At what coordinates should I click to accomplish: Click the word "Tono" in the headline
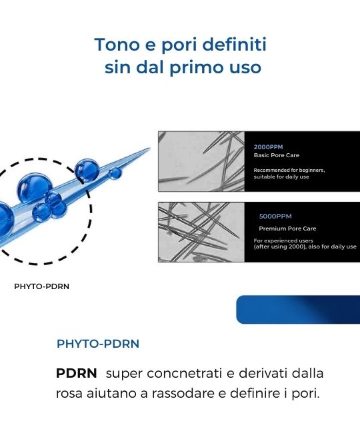click(118, 45)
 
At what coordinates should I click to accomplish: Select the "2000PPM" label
click(268, 147)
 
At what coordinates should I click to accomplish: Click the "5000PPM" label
click(275, 217)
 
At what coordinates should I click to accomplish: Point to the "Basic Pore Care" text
click(276, 155)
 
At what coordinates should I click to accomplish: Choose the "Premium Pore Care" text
click(287, 228)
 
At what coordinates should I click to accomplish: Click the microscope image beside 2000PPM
click(201, 162)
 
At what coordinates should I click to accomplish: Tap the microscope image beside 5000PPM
click(201, 232)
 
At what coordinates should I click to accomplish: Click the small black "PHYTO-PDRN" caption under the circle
click(41, 286)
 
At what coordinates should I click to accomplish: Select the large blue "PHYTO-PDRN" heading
click(98, 344)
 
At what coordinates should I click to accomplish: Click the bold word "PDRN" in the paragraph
click(76, 373)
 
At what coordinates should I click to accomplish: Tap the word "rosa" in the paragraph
click(69, 394)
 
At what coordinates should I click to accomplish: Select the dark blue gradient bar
click(298, 309)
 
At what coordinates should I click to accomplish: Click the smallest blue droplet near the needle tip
click(115, 173)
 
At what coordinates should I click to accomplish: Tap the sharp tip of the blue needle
click(149, 149)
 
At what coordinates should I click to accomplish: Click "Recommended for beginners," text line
click(289, 170)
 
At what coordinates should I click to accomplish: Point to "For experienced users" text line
click(283, 240)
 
